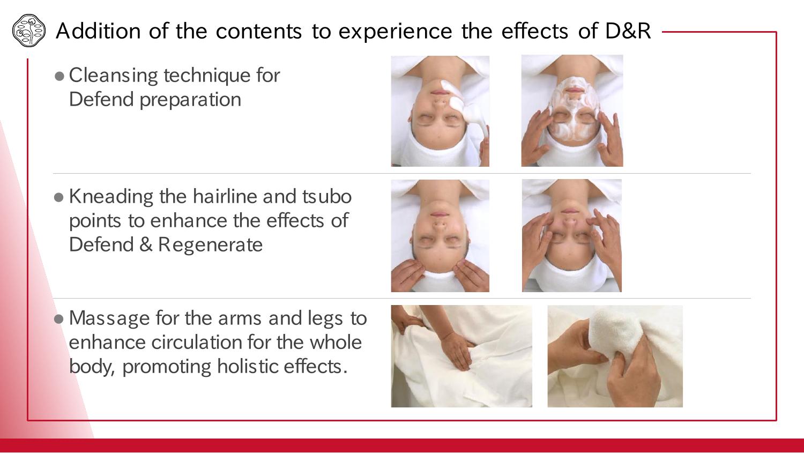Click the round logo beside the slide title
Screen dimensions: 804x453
[29, 31]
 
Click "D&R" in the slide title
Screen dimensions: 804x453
[628, 31]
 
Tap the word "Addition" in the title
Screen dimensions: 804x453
[98, 31]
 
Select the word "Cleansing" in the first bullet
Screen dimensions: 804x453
[114, 76]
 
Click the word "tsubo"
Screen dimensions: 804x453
[326, 196]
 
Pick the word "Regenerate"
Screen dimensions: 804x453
[210, 245]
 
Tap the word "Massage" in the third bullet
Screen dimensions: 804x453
[110, 318]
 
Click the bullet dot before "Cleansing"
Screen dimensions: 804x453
[59, 76]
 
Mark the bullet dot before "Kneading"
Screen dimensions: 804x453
[59, 197]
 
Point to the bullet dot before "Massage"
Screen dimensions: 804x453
[59, 318]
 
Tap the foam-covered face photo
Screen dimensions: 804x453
[572, 110]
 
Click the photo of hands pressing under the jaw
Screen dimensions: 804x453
[440, 236]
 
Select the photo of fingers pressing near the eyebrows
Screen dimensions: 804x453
[572, 235]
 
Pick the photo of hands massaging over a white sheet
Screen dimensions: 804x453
[461, 356]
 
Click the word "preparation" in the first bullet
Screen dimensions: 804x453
[190, 100]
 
